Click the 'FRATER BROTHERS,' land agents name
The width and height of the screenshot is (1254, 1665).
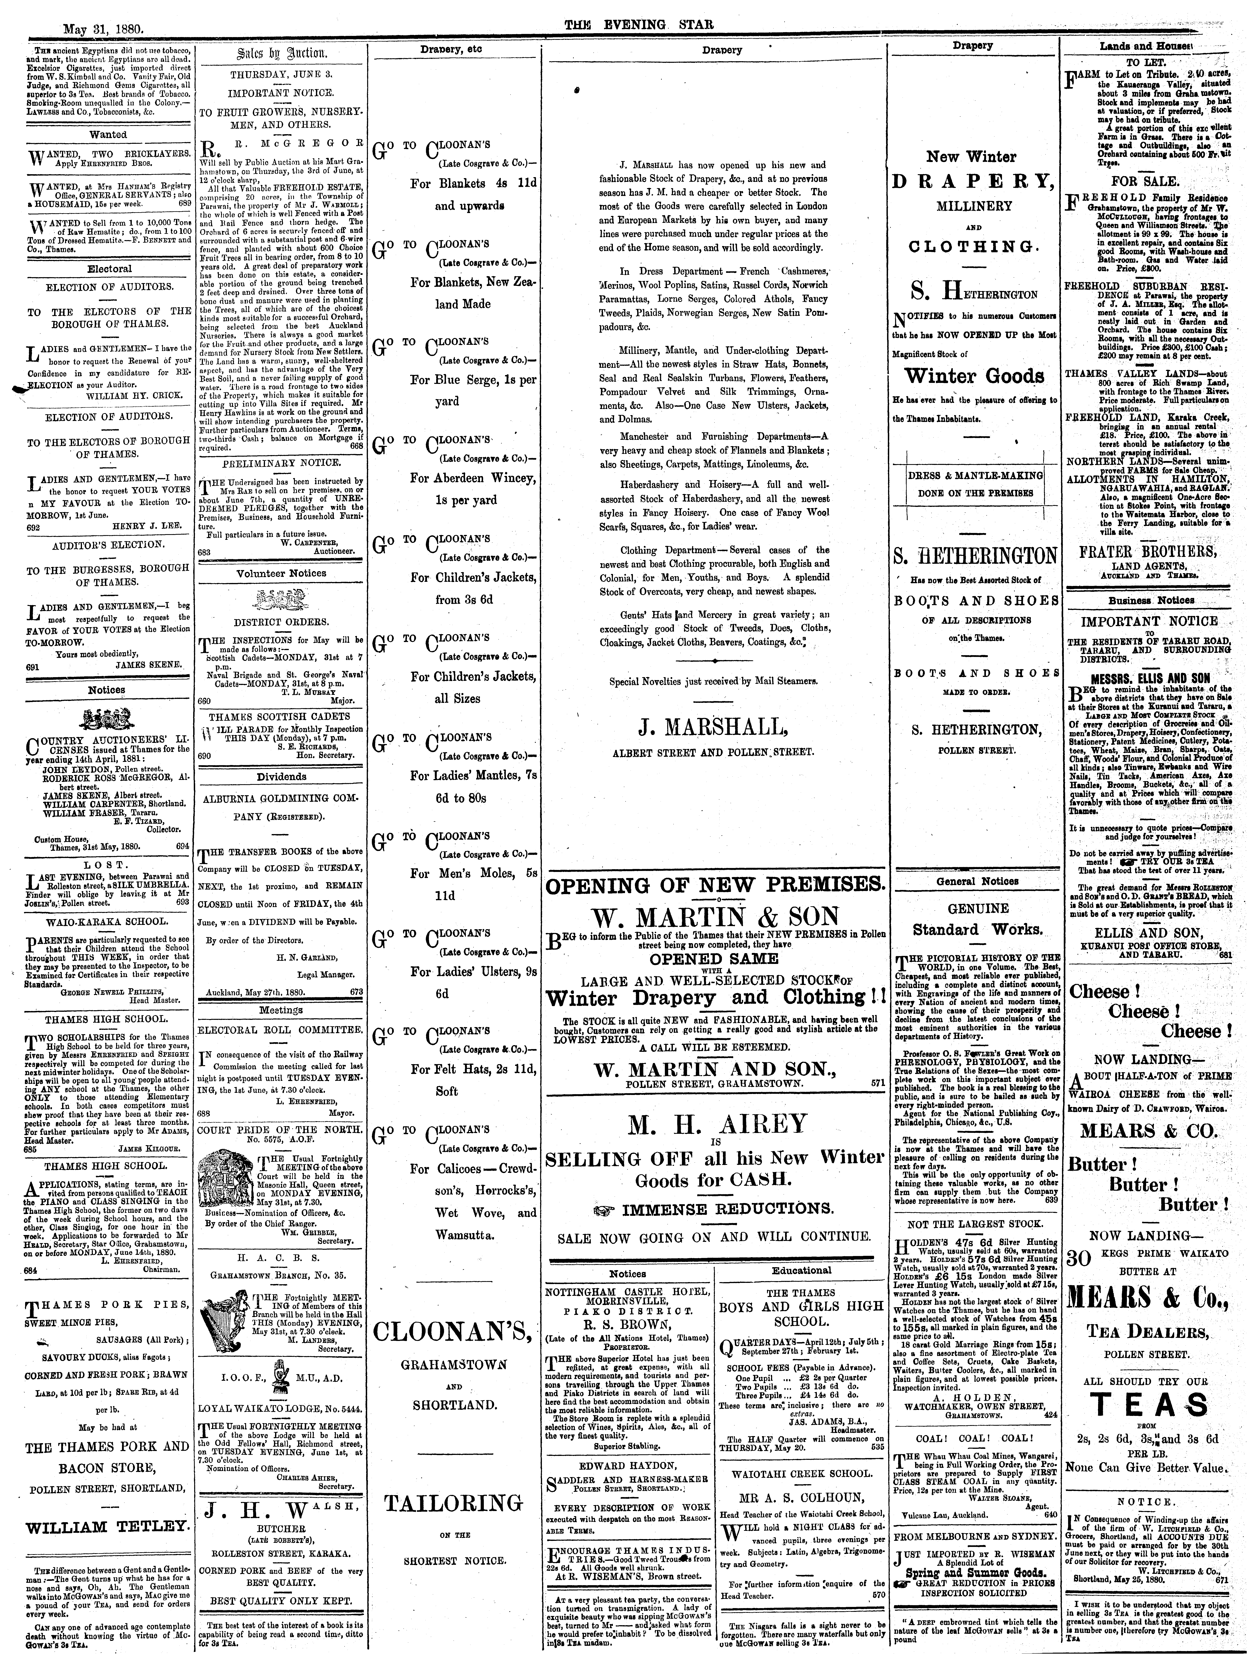click(x=1146, y=550)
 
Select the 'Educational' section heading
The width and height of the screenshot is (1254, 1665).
click(x=801, y=1270)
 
